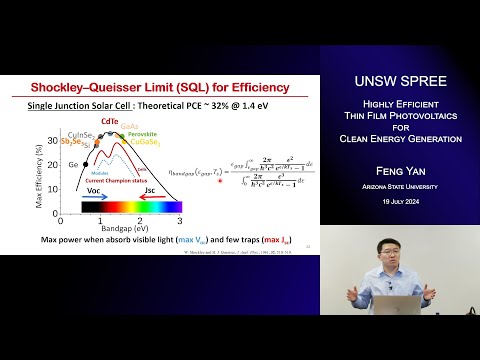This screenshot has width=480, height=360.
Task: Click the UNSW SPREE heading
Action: coord(399,81)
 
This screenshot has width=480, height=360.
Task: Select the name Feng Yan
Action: coord(399,172)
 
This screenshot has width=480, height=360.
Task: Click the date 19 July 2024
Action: coord(399,203)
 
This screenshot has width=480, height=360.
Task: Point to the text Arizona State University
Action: coord(399,186)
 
